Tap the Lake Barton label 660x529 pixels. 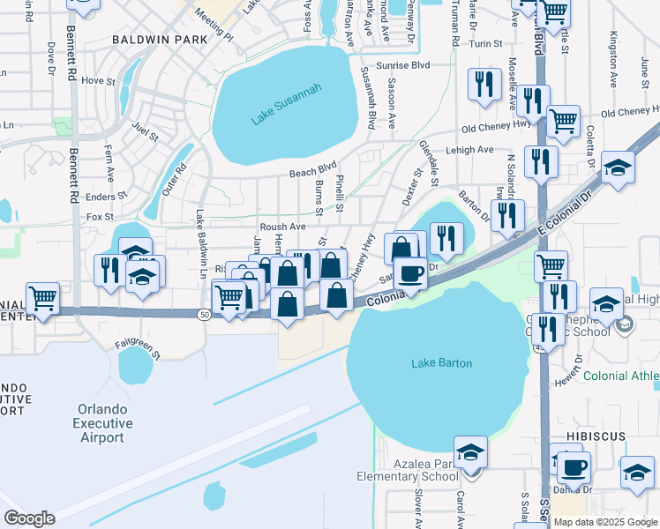(x=441, y=363)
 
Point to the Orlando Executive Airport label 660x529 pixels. (x=103, y=423)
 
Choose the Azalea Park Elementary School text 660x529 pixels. (x=407, y=469)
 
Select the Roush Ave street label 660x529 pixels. (x=282, y=227)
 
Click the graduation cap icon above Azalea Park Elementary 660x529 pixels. (x=471, y=451)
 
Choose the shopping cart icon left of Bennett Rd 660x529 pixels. (x=42, y=298)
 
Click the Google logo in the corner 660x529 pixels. (x=29, y=518)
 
